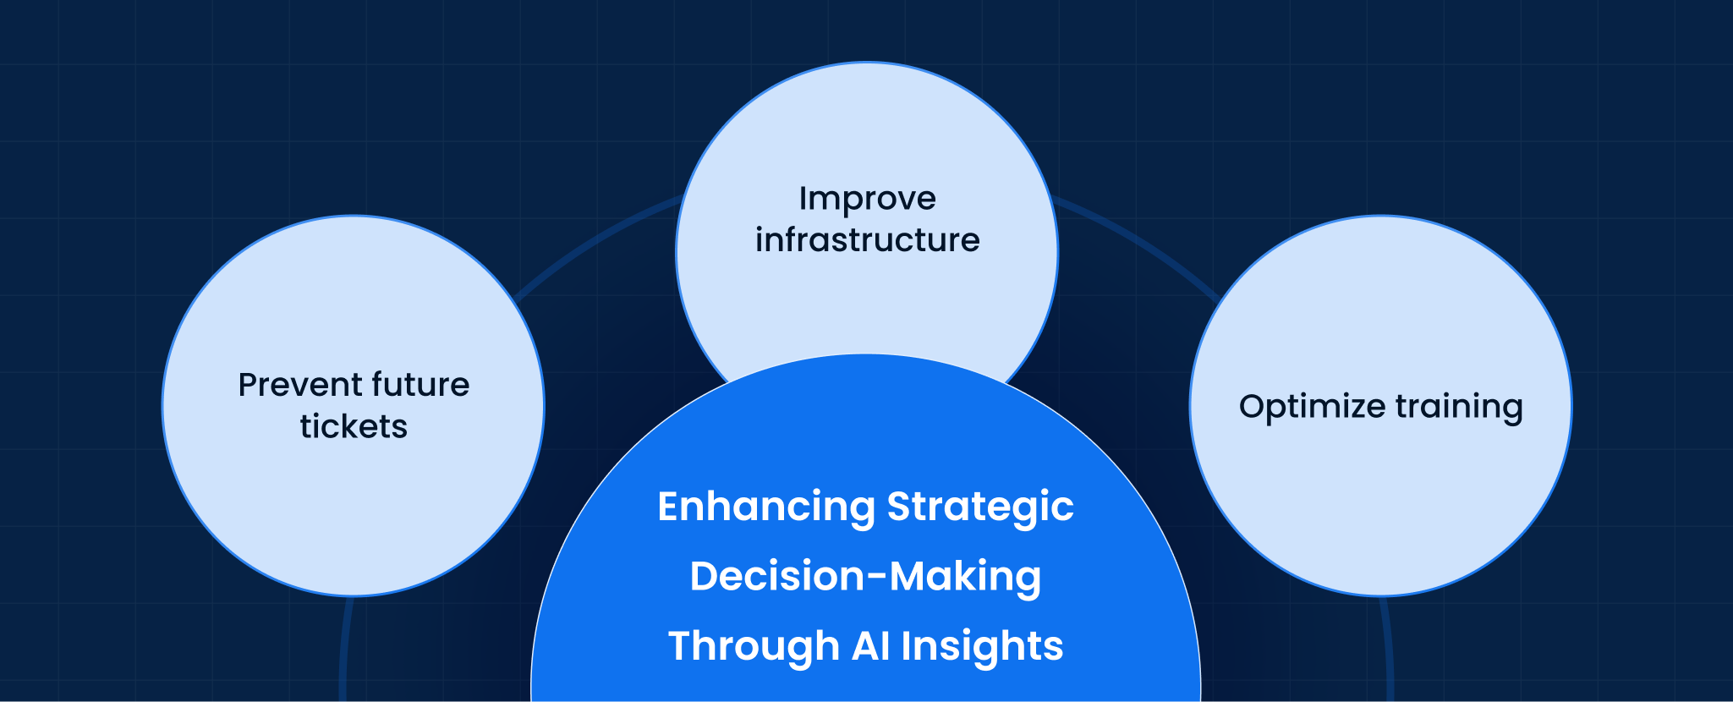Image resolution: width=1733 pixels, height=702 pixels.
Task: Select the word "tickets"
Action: coord(354,427)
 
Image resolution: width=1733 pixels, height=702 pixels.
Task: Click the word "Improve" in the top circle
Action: coord(867,200)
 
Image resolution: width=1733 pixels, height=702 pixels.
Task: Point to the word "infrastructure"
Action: coord(867,240)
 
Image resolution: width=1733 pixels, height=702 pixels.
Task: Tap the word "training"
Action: coord(1459,407)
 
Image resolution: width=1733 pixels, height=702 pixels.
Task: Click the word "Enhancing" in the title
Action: coord(766,507)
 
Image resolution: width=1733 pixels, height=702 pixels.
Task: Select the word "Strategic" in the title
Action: coord(979,507)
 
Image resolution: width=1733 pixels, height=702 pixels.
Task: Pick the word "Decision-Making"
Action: coord(865,577)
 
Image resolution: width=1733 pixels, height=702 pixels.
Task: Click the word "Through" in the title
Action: coord(754,647)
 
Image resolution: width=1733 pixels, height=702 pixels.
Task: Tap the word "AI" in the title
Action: coord(870,646)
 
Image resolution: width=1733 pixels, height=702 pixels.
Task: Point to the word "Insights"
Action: coord(982,646)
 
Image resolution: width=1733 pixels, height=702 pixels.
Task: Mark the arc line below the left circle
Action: coord(344,651)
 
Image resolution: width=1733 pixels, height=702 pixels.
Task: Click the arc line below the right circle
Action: coord(1387,651)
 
